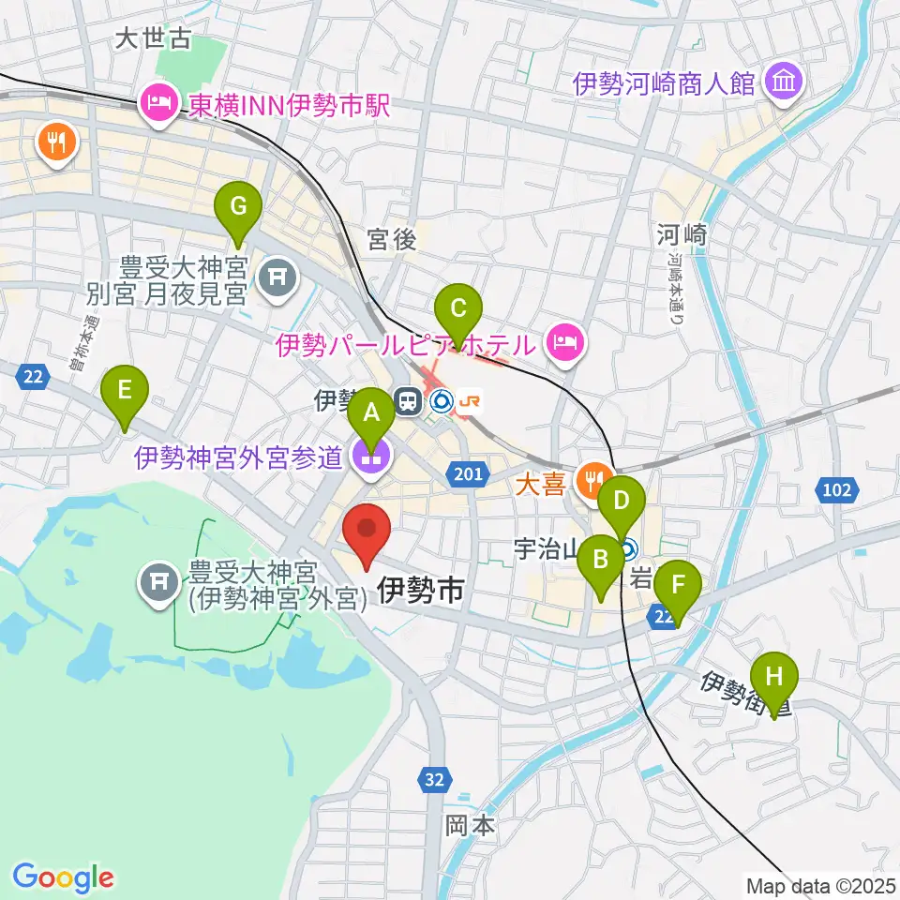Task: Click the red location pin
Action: click(367, 535)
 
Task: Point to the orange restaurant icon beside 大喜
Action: click(591, 481)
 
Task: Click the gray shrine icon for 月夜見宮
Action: click(277, 276)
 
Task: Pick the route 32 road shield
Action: click(432, 779)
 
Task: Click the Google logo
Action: click(63, 877)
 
